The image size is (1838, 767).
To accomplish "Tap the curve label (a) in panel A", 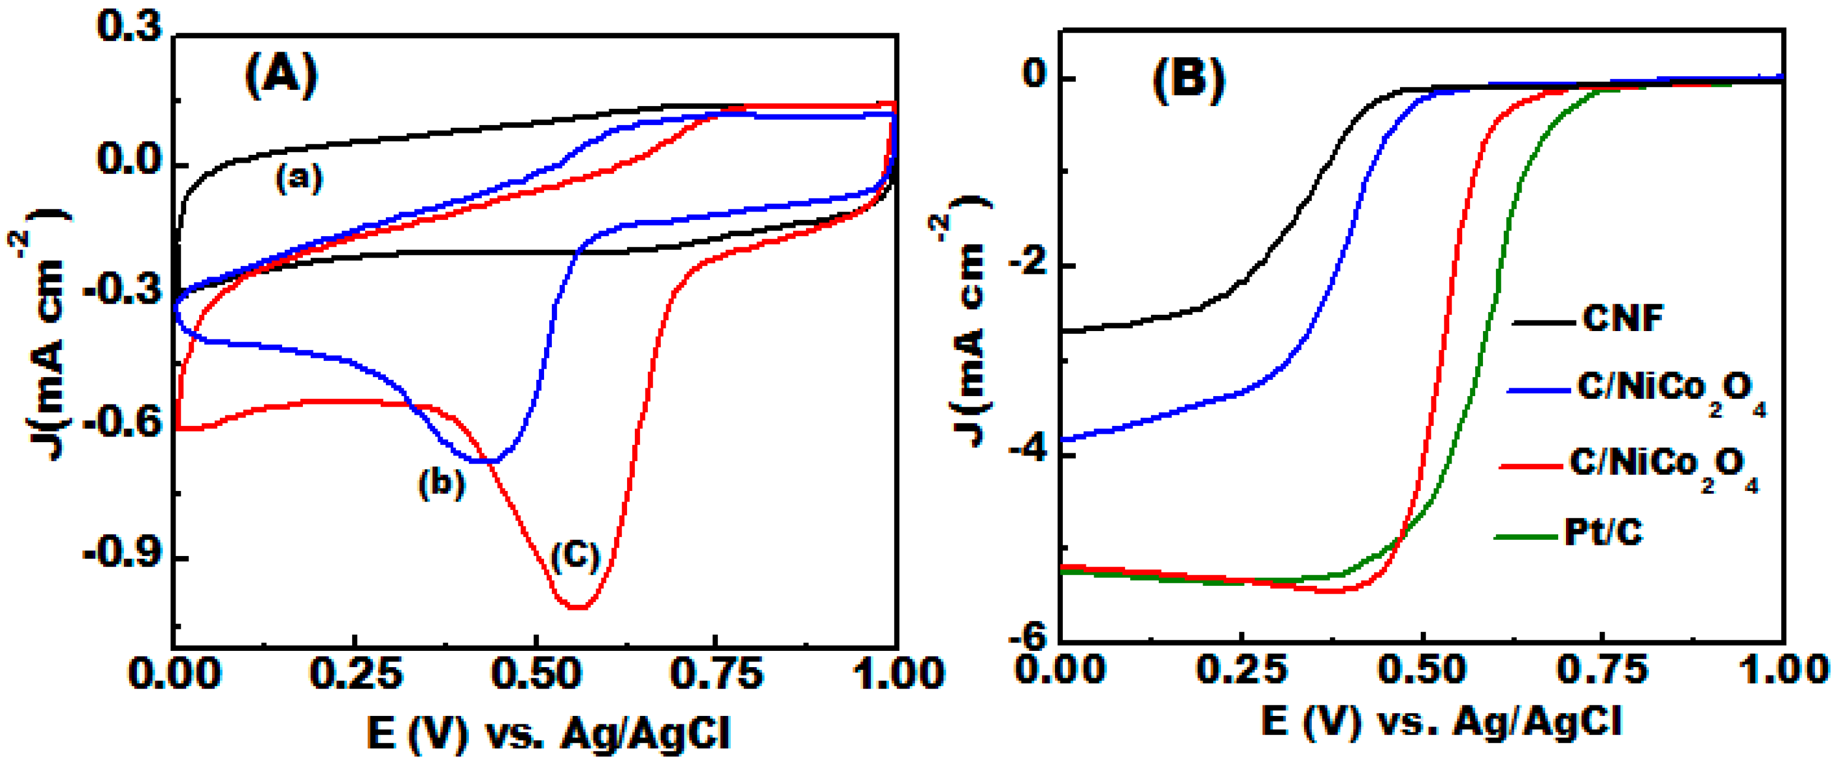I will [299, 177].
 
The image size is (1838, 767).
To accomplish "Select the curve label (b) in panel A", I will [441, 483].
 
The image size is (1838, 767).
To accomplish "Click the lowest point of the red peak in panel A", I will [578, 607].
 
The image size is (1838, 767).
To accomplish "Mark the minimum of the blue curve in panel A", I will [491, 462].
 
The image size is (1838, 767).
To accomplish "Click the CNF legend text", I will [1623, 318].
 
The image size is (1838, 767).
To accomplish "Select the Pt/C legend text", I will [1603, 532].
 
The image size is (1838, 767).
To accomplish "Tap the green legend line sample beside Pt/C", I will [1526, 536].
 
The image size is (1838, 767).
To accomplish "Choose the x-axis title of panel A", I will [549, 733].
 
